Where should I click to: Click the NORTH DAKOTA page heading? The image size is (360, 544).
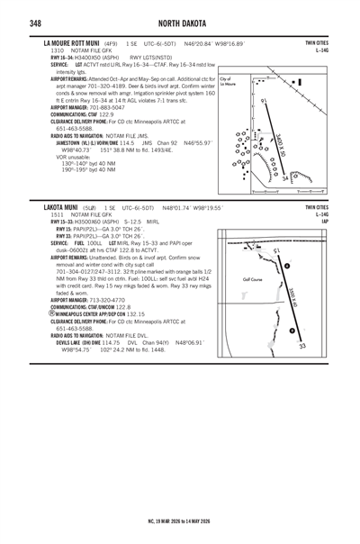point(180,23)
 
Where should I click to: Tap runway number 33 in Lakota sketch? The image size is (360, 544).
point(302,345)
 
